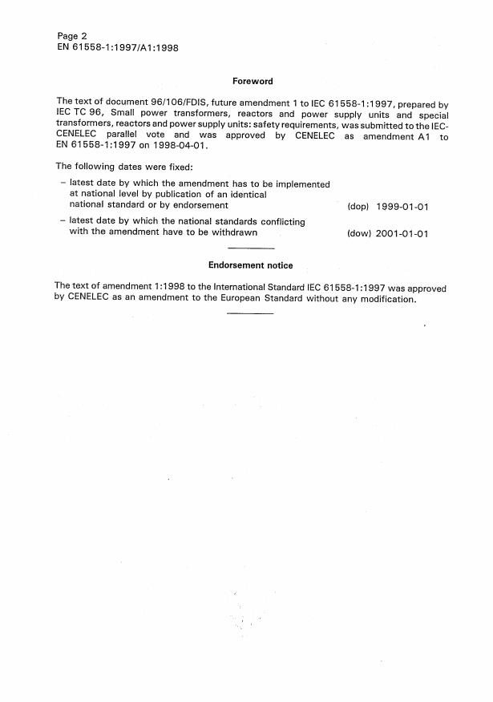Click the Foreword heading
[253, 81]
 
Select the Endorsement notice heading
[250, 265]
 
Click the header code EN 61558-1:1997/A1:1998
[117, 47]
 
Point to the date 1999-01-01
[403, 207]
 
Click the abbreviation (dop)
[358, 207]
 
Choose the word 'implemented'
[298, 184]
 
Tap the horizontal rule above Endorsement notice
[250, 250]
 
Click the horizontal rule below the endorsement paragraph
[250, 313]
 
